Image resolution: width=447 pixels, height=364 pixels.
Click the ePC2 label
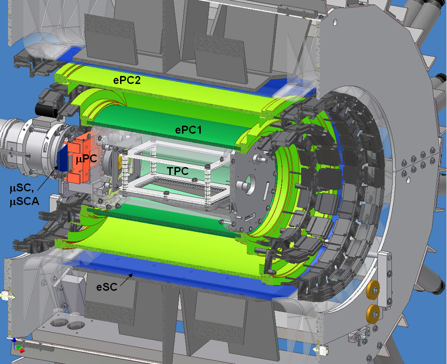pos(127,80)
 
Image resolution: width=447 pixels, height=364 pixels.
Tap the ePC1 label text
pos(189,130)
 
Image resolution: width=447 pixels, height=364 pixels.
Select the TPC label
pos(178,171)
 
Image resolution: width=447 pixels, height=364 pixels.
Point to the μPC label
pos(87,159)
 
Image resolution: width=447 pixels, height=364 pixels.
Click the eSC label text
pos(107,287)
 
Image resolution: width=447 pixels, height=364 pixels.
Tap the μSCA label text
pos(24,202)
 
